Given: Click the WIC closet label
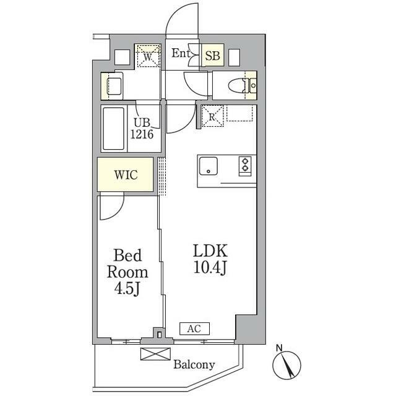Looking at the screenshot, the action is click(x=126, y=174).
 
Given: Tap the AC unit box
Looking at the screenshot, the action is click(x=194, y=329).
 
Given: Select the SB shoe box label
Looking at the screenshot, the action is click(x=212, y=56).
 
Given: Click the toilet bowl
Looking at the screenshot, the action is click(x=236, y=85).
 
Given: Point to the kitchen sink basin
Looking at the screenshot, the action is click(x=209, y=166).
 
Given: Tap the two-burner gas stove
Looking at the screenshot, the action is click(x=245, y=166).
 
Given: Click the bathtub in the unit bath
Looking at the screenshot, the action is click(x=114, y=129).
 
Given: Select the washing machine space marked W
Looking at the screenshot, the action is click(x=148, y=56).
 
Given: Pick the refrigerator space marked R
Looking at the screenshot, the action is click(x=212, y=116).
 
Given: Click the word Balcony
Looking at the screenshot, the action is click(x=194, y=364).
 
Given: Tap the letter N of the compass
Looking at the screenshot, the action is click(x=279, y=348).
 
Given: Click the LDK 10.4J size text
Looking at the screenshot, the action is click(x=210, y=259).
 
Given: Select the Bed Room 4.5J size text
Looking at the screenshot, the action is click(x=127, y=272).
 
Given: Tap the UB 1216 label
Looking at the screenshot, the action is click(x=142, y=129).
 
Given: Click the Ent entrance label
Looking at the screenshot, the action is click(x=181, y=53).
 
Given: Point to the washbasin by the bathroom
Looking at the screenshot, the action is click(x=114, y=86).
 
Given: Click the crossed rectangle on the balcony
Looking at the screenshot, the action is click(x=155, y=354).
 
